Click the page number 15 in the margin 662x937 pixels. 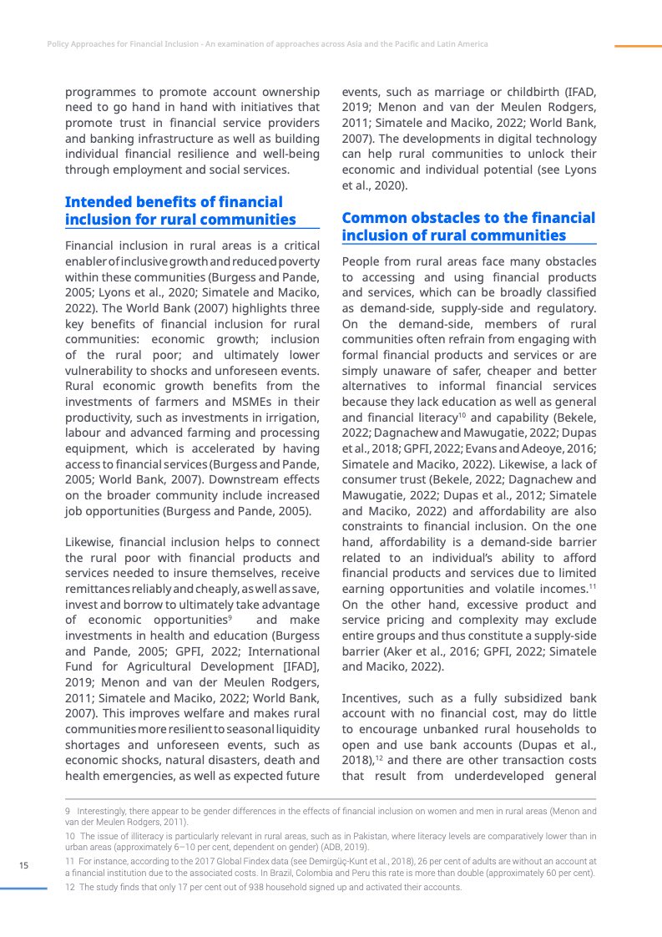click(24, 865)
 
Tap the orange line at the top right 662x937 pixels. click(638, 46)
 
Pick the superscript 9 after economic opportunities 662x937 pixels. click(230, 617)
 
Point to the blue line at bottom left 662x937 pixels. click(23, 889)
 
